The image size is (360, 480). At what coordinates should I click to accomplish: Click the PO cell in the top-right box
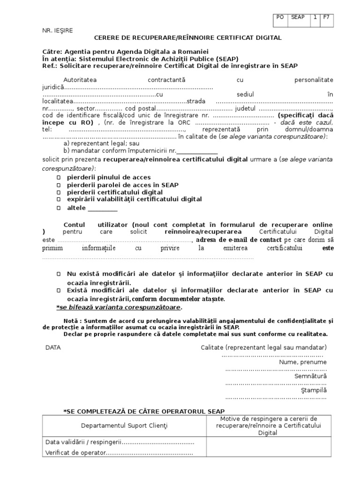click(280, 17)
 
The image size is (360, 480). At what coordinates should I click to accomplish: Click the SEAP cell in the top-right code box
click(298, 17)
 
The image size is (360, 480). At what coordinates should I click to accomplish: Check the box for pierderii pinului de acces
click(59, 178)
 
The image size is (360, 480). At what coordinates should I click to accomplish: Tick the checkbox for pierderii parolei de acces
click(59, 185)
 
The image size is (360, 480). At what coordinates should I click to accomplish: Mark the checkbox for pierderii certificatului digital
click(59, 192)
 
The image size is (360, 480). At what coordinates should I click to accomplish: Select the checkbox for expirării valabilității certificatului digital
click(59, 199)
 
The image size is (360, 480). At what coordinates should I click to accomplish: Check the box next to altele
click(59, 208)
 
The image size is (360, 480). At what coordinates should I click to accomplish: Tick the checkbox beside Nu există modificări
click(59, 274)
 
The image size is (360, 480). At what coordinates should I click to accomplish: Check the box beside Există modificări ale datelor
click(59, 290)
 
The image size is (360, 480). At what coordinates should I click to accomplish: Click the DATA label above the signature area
click(53, 347)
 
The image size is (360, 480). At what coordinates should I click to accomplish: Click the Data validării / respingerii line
click(120, 442)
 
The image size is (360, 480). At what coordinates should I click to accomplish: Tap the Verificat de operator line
click(119, 453)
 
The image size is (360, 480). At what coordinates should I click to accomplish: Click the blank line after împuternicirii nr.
click(197, 151)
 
